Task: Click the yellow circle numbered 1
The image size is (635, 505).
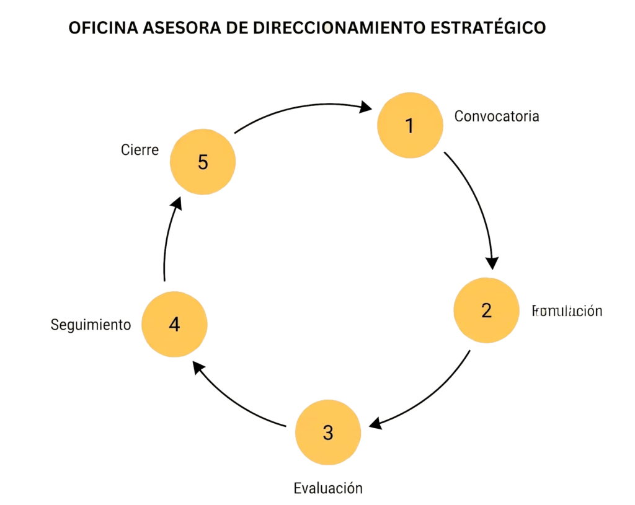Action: [410, 125]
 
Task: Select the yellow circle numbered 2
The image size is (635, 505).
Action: [486, 310]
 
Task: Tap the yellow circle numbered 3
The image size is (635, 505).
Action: [327, 432]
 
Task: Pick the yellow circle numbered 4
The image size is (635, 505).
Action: [174, 324]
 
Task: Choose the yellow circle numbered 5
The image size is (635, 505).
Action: [203, 162]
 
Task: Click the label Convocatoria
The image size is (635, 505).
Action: [497, 116]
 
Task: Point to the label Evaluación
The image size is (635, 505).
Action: [327, 488]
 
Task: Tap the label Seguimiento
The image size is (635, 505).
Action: [91, 325]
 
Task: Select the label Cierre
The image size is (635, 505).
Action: [140, 150]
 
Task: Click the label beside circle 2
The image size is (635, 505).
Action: [567, 311]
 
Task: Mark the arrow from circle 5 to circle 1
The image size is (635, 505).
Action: [298, 112]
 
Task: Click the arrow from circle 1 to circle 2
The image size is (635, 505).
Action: [477, 204]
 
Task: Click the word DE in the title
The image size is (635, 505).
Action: [237, 29]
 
